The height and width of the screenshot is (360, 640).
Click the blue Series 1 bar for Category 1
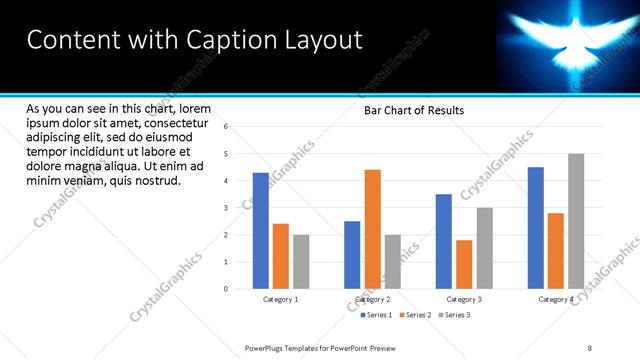260,231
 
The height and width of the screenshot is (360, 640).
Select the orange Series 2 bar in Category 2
372,229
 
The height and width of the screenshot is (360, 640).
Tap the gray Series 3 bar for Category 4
575,221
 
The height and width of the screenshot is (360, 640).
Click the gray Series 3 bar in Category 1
301,262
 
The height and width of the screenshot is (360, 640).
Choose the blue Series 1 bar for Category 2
352,255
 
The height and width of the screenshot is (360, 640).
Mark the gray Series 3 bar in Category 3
484,248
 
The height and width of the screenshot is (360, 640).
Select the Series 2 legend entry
417,315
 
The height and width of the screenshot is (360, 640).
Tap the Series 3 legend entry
455,315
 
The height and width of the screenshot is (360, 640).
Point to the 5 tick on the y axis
226,154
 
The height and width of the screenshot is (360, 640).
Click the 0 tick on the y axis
226,289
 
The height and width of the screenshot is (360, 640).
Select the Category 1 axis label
281,299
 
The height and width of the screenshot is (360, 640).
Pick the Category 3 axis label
464,299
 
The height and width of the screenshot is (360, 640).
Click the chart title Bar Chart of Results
413,110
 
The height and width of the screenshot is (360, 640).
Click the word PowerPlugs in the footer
267,347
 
